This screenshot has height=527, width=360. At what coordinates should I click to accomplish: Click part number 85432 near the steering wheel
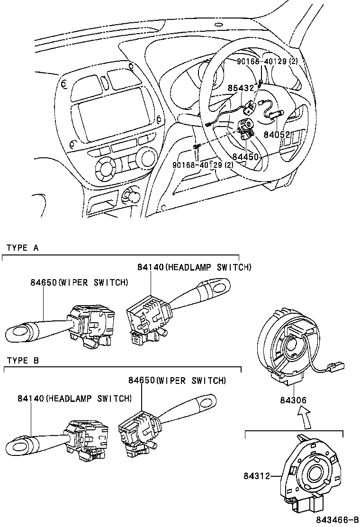click(x=241, y=88)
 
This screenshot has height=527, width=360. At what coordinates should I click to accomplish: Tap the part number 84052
click(x=277, y=135)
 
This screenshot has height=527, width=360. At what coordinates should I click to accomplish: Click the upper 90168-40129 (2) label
click(x=268, y=62)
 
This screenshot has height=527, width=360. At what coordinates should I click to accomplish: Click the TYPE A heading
click(x=22, y=248)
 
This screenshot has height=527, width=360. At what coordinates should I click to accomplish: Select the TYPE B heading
click(x=22, y=361)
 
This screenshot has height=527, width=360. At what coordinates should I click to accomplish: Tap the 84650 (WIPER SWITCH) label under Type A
click(x=79, y=282)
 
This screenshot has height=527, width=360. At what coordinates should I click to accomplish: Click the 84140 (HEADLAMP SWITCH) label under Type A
click(x=194, y=267)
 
